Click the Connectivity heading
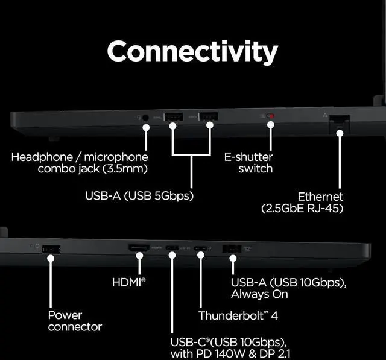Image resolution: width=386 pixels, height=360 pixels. (192, 52)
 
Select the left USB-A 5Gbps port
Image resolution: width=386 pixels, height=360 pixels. (173, 116)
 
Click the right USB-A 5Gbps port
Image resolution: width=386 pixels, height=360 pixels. (209, 116)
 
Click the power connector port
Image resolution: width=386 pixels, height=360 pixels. (51, 248)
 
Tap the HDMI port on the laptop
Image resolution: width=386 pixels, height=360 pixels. (139, 248)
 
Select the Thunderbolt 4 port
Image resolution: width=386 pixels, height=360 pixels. (201, 248)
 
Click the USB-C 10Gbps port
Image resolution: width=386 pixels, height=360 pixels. (172, 248)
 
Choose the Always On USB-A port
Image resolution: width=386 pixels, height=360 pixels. (232, 248)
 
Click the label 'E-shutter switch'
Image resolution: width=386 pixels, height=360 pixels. (248, 162)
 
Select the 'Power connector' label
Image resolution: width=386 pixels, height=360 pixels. (75, 321)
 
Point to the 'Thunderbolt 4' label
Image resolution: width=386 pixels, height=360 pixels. (238, 315)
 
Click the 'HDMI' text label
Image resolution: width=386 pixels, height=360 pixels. (128, 282)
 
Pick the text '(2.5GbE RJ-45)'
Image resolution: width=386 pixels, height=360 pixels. (302, 209)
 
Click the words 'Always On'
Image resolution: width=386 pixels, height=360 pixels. (259, 294)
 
